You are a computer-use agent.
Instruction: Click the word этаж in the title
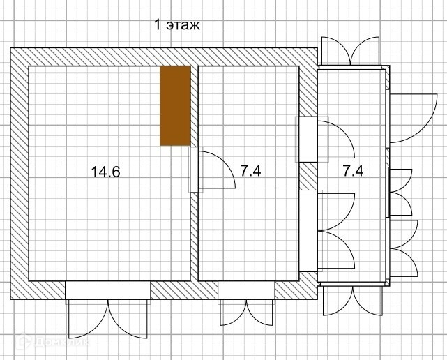(183, 25)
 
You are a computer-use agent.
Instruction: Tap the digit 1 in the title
(157, 24)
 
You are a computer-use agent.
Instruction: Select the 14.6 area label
(105, 172)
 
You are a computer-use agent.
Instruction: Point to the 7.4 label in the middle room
(250, 171)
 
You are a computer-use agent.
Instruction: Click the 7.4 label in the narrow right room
(353, 171)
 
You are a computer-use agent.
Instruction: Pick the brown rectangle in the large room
(175, 106)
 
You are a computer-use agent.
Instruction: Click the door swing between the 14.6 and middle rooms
(217, 170)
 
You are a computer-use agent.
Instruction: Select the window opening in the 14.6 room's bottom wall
(108, 290)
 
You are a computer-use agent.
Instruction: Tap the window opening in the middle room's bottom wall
(246, 290)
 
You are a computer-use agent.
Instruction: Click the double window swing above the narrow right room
(350, 52)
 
